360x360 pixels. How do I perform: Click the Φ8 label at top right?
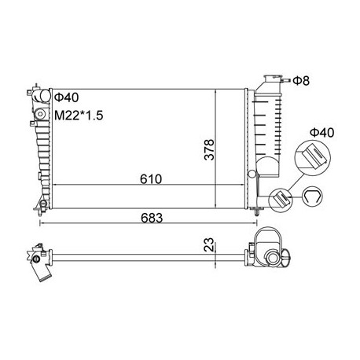click(x=301, y=81)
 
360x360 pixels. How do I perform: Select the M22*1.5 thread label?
click(x=79, y=116)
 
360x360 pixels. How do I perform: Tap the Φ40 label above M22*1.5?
click(x=66, y=97)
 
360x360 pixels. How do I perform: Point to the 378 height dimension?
click(x=209, y=149)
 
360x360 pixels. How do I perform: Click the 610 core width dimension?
click(x=151, y=179)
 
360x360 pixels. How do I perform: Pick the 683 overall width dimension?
click(x=152, y=218)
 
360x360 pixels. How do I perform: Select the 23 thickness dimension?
click(x=209, y=244)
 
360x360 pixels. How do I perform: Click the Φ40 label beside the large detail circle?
click(x=322, y=133)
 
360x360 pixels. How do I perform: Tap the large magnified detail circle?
click(x=313, y=158)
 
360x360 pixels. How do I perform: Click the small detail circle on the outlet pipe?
click(x=280, y=200)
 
